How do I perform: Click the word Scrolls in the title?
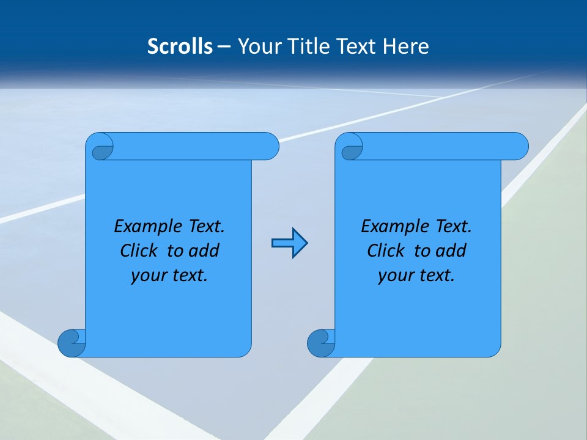coord(180,46)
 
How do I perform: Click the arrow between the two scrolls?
coord(289,243)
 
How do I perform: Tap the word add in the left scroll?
coord(204,251)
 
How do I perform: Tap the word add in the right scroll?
coord(451,251)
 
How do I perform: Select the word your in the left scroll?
coord(146,276)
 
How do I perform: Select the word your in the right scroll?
coord(393,276)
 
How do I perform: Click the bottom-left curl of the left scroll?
coord(70,343)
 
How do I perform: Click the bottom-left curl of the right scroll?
coord(320,343)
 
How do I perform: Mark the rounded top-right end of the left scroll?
coord(269,146)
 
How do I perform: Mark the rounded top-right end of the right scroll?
coord(519,146)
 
